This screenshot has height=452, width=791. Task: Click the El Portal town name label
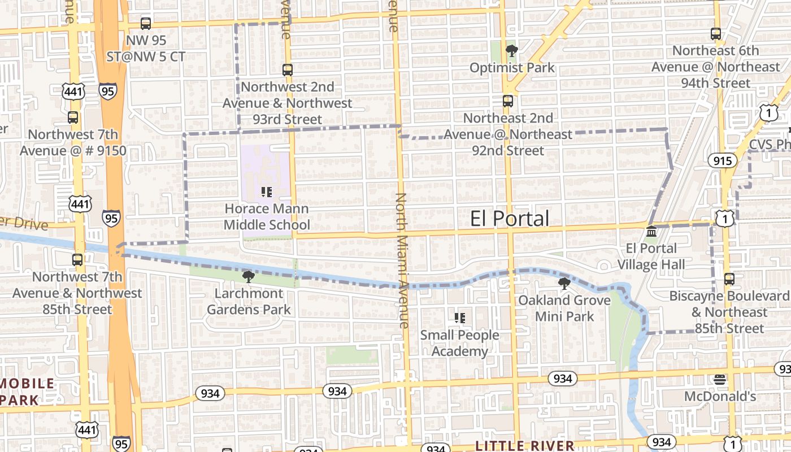coord(509,219)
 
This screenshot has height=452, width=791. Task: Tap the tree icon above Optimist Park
coord(511,51)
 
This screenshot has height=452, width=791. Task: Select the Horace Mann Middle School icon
coord(267,192)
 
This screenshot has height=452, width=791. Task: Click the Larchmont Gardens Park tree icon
coord(248,276)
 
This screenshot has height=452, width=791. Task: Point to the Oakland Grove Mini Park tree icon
coord(564,283)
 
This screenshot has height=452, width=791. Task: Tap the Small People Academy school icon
coord(460,318)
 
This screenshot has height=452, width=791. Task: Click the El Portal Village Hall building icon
coord(651,232)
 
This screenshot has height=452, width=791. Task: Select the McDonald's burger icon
coord(719,379)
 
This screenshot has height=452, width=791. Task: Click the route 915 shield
coord(723,161)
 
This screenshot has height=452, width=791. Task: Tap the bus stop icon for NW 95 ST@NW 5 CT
coord(146,24)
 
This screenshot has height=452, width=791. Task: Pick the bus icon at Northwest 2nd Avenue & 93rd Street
coord(288,70)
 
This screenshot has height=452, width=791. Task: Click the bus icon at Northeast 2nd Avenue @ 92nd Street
coord(508,101)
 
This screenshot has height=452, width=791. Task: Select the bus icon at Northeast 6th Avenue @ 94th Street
coord(716,34)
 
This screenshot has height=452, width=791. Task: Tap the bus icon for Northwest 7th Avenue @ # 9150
coord(73,118)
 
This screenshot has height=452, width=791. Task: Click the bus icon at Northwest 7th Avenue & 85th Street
coord(77,260)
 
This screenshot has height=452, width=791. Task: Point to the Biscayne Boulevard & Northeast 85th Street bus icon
coord(729,279)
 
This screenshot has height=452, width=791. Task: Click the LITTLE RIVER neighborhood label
coord(525,446)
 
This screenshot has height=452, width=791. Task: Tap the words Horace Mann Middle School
coord(267,217)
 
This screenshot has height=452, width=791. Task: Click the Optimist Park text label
coord(512,68)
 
